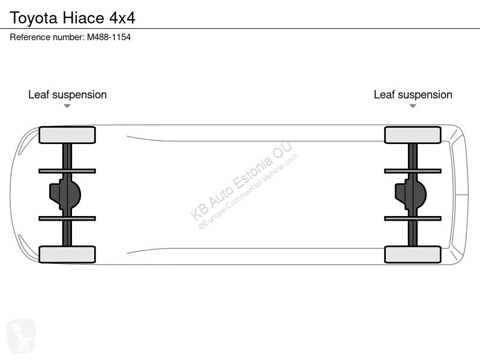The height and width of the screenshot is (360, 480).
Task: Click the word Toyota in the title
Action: [x=34, y=18]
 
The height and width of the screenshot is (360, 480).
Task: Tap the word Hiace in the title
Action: [x=83, y=18]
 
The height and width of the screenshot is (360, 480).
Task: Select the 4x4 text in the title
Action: [x=122, y=18]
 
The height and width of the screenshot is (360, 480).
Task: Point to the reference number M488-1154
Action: [x=109, y=37]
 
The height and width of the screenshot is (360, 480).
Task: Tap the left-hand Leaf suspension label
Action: [x=67, y=95]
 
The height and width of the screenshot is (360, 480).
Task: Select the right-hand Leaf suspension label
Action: [x=413, y=95]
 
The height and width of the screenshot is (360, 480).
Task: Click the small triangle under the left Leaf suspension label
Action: [x=67, y=106]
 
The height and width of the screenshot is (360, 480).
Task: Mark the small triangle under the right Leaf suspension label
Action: [x=413, y=106]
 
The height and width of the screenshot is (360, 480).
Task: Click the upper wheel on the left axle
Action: [x=67, y=135]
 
